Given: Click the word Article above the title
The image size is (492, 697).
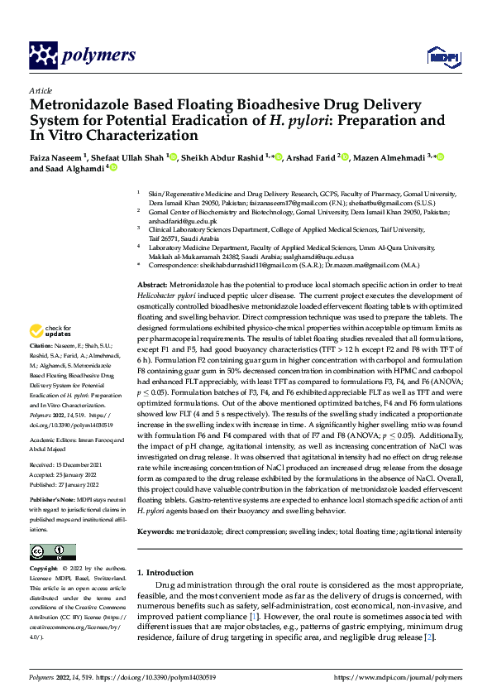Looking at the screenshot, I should point(40,90).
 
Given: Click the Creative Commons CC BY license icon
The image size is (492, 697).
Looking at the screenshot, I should point(52,552).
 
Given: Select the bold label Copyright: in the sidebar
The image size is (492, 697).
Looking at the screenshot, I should point(43,570).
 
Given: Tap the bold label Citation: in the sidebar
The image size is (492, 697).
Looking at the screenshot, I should point(41,344).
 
